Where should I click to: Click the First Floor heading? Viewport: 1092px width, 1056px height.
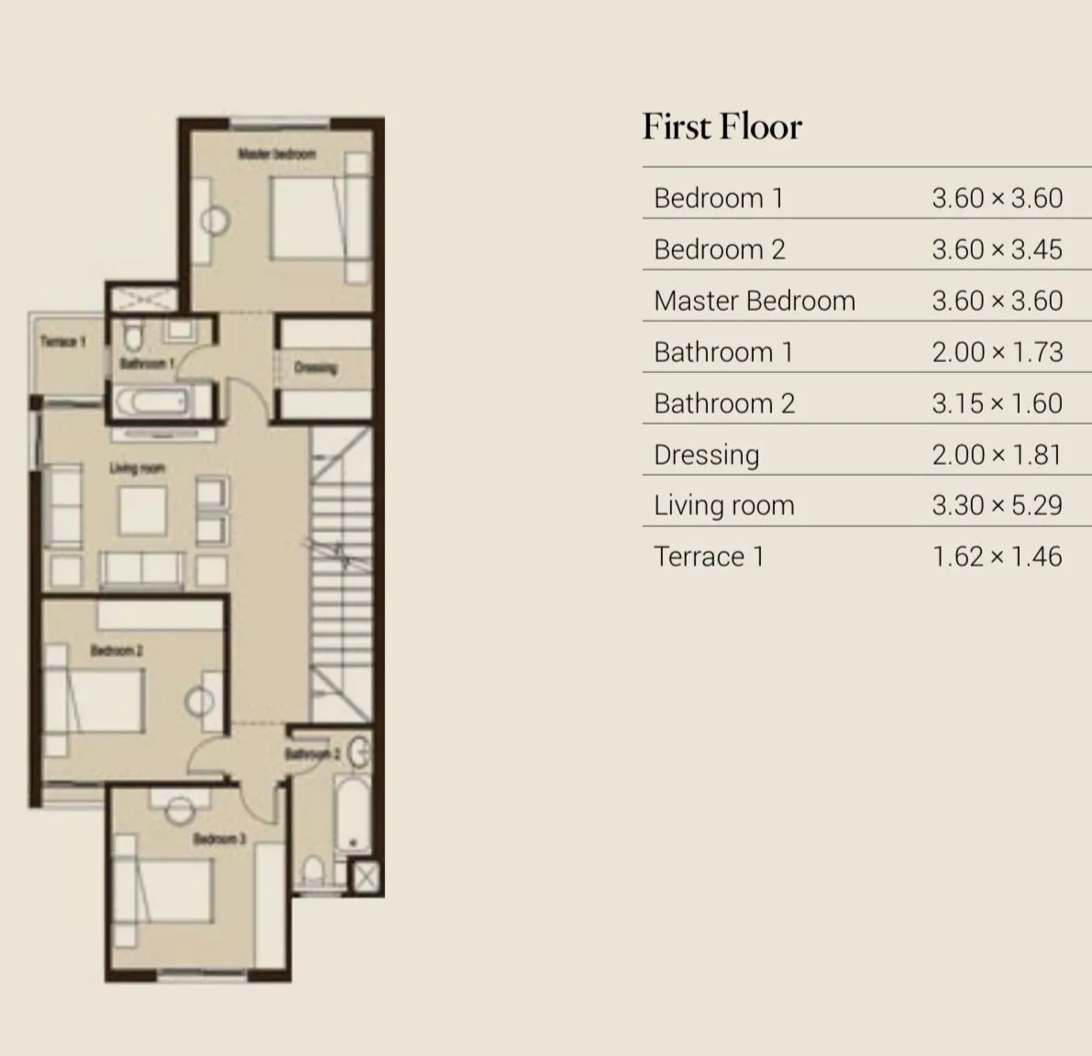click(722, 126)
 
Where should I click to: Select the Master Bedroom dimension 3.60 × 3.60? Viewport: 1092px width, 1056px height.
click(997, 301)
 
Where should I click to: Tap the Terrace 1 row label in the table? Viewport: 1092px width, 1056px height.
click(708, 556)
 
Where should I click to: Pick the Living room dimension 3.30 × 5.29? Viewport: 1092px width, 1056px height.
click(997, 505)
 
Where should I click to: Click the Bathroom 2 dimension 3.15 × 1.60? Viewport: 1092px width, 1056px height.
click(997, 403)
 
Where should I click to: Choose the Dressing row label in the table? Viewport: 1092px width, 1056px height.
click(706, 455)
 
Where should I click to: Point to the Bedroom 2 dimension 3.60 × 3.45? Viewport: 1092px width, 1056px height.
click(997, 249)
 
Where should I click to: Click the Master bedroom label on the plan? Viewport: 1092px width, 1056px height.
click(277, 154)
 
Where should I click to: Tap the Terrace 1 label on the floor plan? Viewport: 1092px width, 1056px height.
click(63, 342)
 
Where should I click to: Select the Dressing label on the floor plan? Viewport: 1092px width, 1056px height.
click(315, 368)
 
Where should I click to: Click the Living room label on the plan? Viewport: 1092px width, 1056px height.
click(138, 468)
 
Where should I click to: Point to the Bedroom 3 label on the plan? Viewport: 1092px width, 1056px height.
click(219, 839)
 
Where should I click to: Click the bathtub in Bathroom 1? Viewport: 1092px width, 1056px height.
click(152, 401)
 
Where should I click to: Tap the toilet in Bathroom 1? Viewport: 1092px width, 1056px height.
click(134, 336)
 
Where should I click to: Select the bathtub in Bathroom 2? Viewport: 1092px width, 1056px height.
click(350, 815)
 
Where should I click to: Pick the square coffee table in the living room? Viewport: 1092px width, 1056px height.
click(143, 511)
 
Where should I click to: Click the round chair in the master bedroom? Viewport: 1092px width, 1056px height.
click(215, 221)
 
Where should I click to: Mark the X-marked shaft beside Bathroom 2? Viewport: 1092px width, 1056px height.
click(365, 877)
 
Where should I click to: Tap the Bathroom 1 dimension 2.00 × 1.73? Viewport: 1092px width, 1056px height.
click(997, 352)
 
